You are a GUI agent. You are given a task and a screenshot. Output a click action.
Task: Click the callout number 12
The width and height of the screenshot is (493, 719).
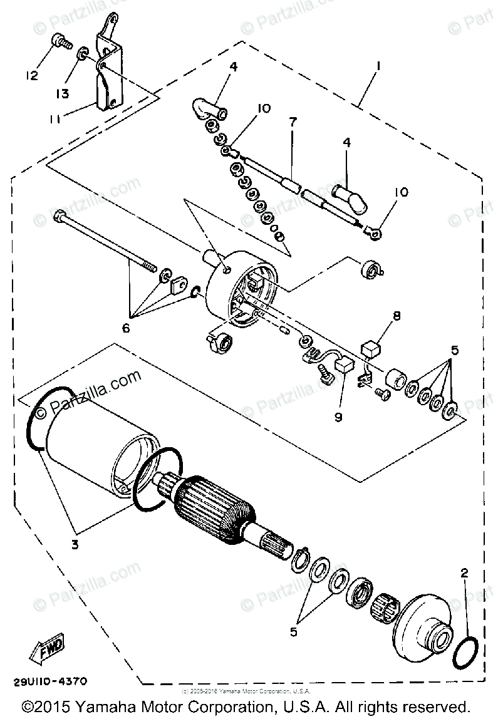[x=31, y=75]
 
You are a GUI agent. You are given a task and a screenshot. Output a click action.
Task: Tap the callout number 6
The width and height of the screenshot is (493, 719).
[x=125, y=328]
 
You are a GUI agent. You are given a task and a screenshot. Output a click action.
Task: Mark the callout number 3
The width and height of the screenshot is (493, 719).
[x=75, y=544]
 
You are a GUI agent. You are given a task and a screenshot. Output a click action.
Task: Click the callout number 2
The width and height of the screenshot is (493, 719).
[x=464, y=572]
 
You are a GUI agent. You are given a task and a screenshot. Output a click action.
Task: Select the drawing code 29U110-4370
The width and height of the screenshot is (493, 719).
[x=48, y=680]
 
